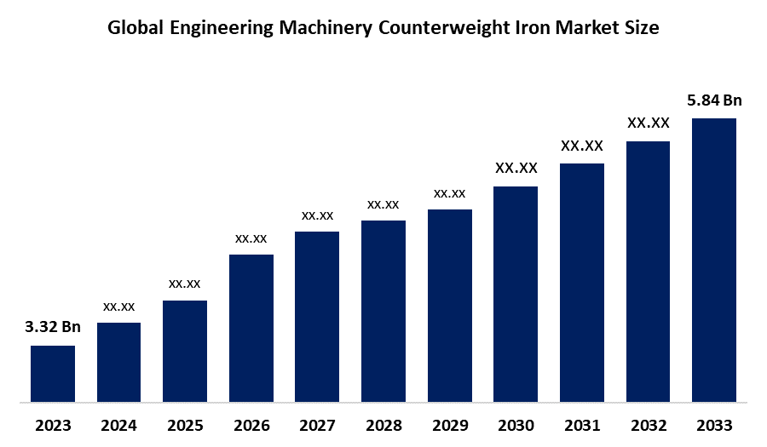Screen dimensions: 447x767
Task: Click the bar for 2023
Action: [x=53, y=372]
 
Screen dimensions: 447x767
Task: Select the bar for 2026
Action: [x=251, y=327]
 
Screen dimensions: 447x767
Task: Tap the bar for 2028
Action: [x=383, y=310]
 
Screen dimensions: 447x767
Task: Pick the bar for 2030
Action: [x=516, y=293]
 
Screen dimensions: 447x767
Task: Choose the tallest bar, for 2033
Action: [x=714, y=259]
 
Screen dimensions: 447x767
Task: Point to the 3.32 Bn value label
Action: [x=53, y=328]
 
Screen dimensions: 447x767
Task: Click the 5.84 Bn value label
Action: [x=714, y=100]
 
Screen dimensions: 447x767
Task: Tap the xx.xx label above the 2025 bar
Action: [x=185, y=284]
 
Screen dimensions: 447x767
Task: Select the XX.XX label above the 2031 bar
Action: [x=582, y=146]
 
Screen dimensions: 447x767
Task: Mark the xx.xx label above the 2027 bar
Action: [x=317, y=215]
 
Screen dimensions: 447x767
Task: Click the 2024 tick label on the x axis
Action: [x=118, y=425]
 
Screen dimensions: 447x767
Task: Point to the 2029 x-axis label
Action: [x=449, y=425]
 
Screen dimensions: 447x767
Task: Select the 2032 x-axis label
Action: [x=648, y=425]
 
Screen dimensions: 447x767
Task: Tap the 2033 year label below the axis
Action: [x=714, y=425]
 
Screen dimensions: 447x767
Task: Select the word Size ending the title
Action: [x=640, y=28]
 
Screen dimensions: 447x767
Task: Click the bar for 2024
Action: [x=118, y=361]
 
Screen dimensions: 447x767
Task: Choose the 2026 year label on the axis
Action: [x=251, y=425]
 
